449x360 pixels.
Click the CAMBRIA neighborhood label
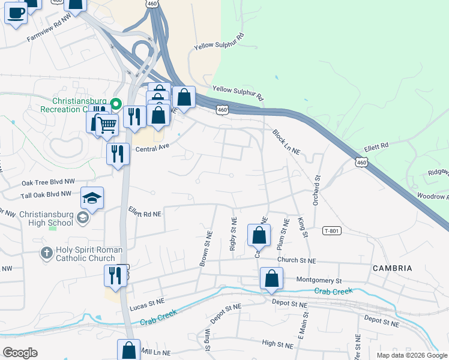tap(393, 268)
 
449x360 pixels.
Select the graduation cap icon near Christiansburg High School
tap(92, 198)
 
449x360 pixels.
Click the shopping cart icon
tap(107, 125)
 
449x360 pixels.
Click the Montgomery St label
tap(319, 280)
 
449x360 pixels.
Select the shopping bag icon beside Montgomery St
tap(271, 278)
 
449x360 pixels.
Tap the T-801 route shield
tap(331, 231)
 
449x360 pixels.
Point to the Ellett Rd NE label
tap(145, 212)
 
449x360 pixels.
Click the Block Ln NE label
tap(285, 142)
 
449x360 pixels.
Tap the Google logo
tap(20, 353)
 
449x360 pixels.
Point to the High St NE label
tap(276, 344)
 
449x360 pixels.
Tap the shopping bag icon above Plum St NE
tap(259, 236)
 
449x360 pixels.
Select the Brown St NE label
tap(205, 248)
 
